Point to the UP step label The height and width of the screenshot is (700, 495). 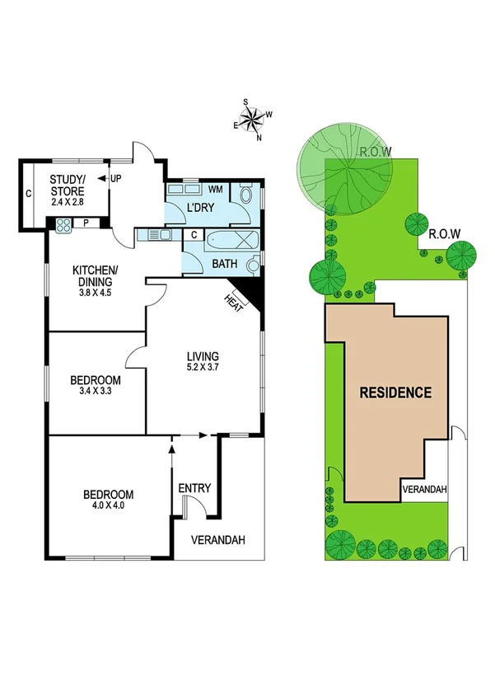[116, 178]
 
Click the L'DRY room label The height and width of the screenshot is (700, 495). [200, 207]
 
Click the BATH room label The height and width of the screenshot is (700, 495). [225, 264]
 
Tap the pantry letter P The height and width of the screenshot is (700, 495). [86, 222]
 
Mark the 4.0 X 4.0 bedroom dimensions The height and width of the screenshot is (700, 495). [108, 506]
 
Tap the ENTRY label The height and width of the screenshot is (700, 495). [195, 488]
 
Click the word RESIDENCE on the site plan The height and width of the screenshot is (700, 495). [395, 392]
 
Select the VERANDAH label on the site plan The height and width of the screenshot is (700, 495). [425, 490]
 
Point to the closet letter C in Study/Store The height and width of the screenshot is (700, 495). [27, 195]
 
